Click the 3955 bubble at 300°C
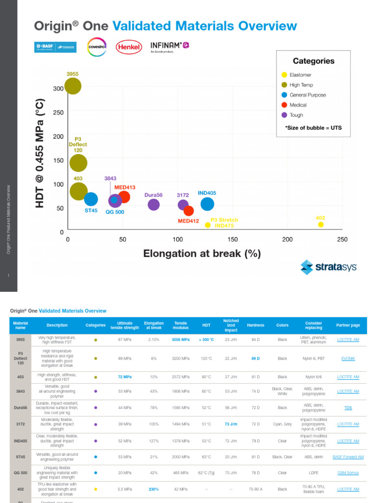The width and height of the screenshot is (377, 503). click(73, 86)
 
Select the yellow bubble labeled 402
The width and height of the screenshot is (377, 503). click(321, 224)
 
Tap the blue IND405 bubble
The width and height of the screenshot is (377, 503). click(207, 204)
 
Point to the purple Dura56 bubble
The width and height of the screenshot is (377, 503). click(154, 205)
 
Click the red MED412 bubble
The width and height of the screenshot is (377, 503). click(188, 211)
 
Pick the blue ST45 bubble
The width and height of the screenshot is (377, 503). click(91, 199)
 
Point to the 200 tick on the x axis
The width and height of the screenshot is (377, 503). click(287, 240)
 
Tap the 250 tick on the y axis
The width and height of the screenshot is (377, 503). click(58, 112)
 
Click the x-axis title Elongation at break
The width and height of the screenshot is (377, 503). click(202, 254)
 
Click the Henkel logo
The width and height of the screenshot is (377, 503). click(129, 47)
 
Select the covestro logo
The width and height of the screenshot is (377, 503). click(96, 47)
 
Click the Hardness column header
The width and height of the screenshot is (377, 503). click(255, 325)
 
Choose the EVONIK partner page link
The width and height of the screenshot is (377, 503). click(348, 359)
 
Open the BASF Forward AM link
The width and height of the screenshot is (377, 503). click(348, 457)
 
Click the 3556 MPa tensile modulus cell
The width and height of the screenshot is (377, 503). click(181, 339)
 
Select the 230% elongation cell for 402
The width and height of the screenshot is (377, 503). click(154, 489)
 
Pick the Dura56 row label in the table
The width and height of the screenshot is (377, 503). click(21, 408)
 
